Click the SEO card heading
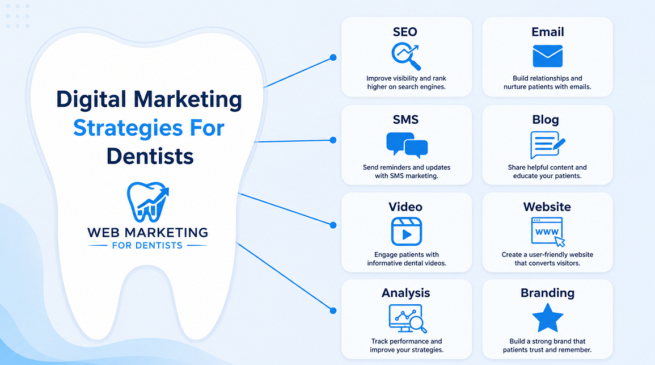(x=405, y=32)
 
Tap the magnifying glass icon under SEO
(x=406, y=56)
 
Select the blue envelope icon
(x=547, y=56)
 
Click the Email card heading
(x=547, y=32)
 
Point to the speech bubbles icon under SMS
(x=407, y=145)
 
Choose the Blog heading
(x=545, y=120)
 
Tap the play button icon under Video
(x=407, y=231)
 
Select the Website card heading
(x=547, y=207)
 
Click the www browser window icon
(x=548, y=232)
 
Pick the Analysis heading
(x=405, y=293)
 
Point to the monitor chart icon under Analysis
(x=407, y=318)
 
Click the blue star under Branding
(x=548, y=318)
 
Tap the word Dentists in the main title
(x=150, y=156)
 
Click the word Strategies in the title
(x=128, y=128)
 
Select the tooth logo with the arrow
(x=148, y=202)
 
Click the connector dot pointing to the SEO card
(x=333, y=57)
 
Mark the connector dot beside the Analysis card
(x=333, y=311)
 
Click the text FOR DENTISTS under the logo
(x=147, y=245)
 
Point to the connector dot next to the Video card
(x=333, y=225)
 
